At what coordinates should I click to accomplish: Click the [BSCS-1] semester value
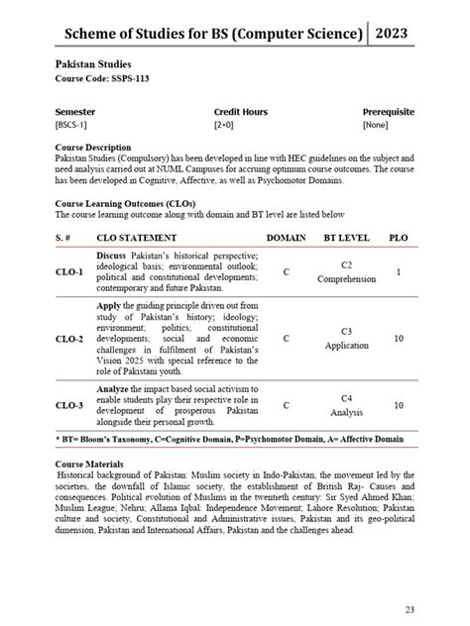click(71, 126)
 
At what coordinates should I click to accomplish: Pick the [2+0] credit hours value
click(224, 126)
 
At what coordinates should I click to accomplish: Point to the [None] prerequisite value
click(376, 126)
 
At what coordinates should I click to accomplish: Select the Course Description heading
click(93, 148)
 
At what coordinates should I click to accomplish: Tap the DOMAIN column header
click(287, 238)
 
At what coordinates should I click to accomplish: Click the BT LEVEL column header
click(346, 238)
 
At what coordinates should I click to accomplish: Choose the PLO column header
click(399, 238)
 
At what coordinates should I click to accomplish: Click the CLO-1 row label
click(69, 271)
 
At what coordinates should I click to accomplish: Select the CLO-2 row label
click(69, 339)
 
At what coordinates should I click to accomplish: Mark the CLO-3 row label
click(69, 405)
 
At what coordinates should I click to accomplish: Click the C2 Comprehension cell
click(346, 272)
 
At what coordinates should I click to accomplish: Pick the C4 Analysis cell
click(346, 405)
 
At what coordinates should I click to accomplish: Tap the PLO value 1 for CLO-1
click(399, 271)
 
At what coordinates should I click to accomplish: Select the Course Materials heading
click(90, 464)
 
